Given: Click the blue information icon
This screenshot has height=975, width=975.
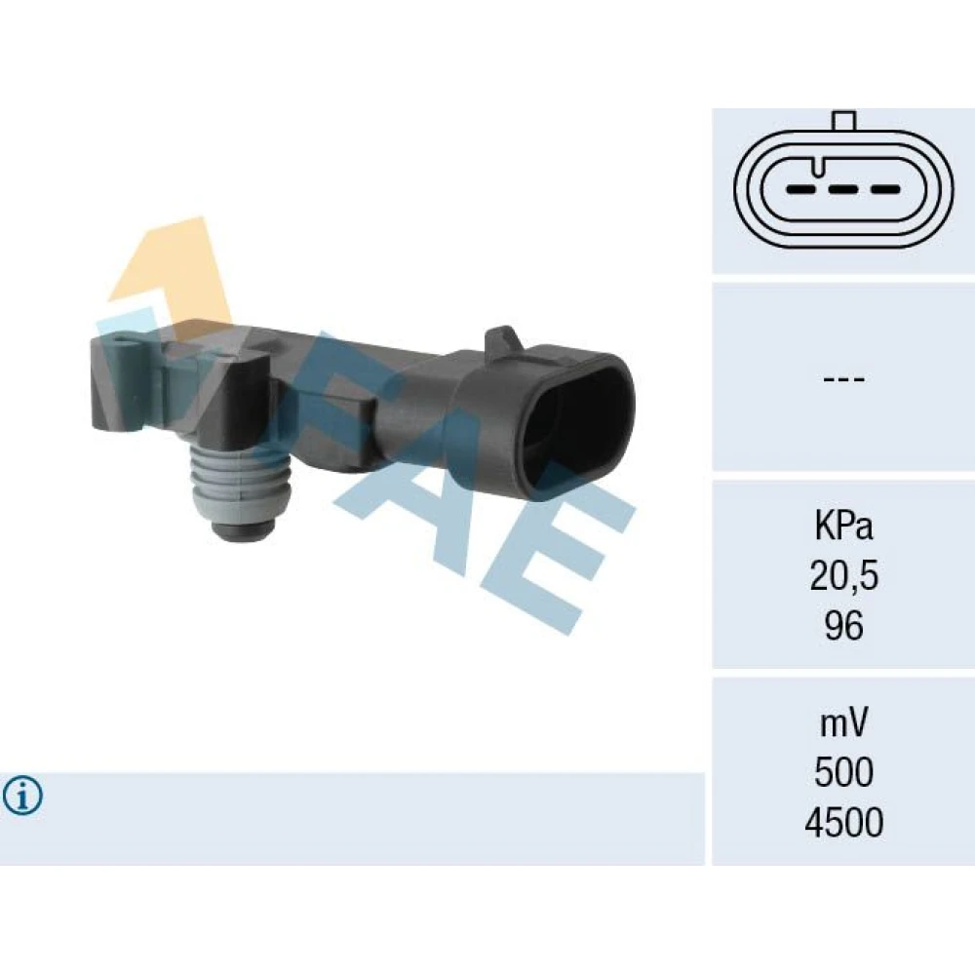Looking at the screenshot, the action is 23,796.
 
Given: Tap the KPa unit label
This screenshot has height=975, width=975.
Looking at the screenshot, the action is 843,527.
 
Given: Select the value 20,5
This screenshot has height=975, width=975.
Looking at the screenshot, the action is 843,576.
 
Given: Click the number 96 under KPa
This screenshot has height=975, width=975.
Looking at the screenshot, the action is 843,626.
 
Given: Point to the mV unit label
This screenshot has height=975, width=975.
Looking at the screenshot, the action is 843,724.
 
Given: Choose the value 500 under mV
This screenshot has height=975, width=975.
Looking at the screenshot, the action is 843,772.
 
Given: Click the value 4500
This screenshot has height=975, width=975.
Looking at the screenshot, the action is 843,822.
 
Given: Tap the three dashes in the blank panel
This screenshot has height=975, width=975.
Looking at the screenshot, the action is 843,378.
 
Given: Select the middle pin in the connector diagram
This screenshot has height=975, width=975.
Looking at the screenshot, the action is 843,189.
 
